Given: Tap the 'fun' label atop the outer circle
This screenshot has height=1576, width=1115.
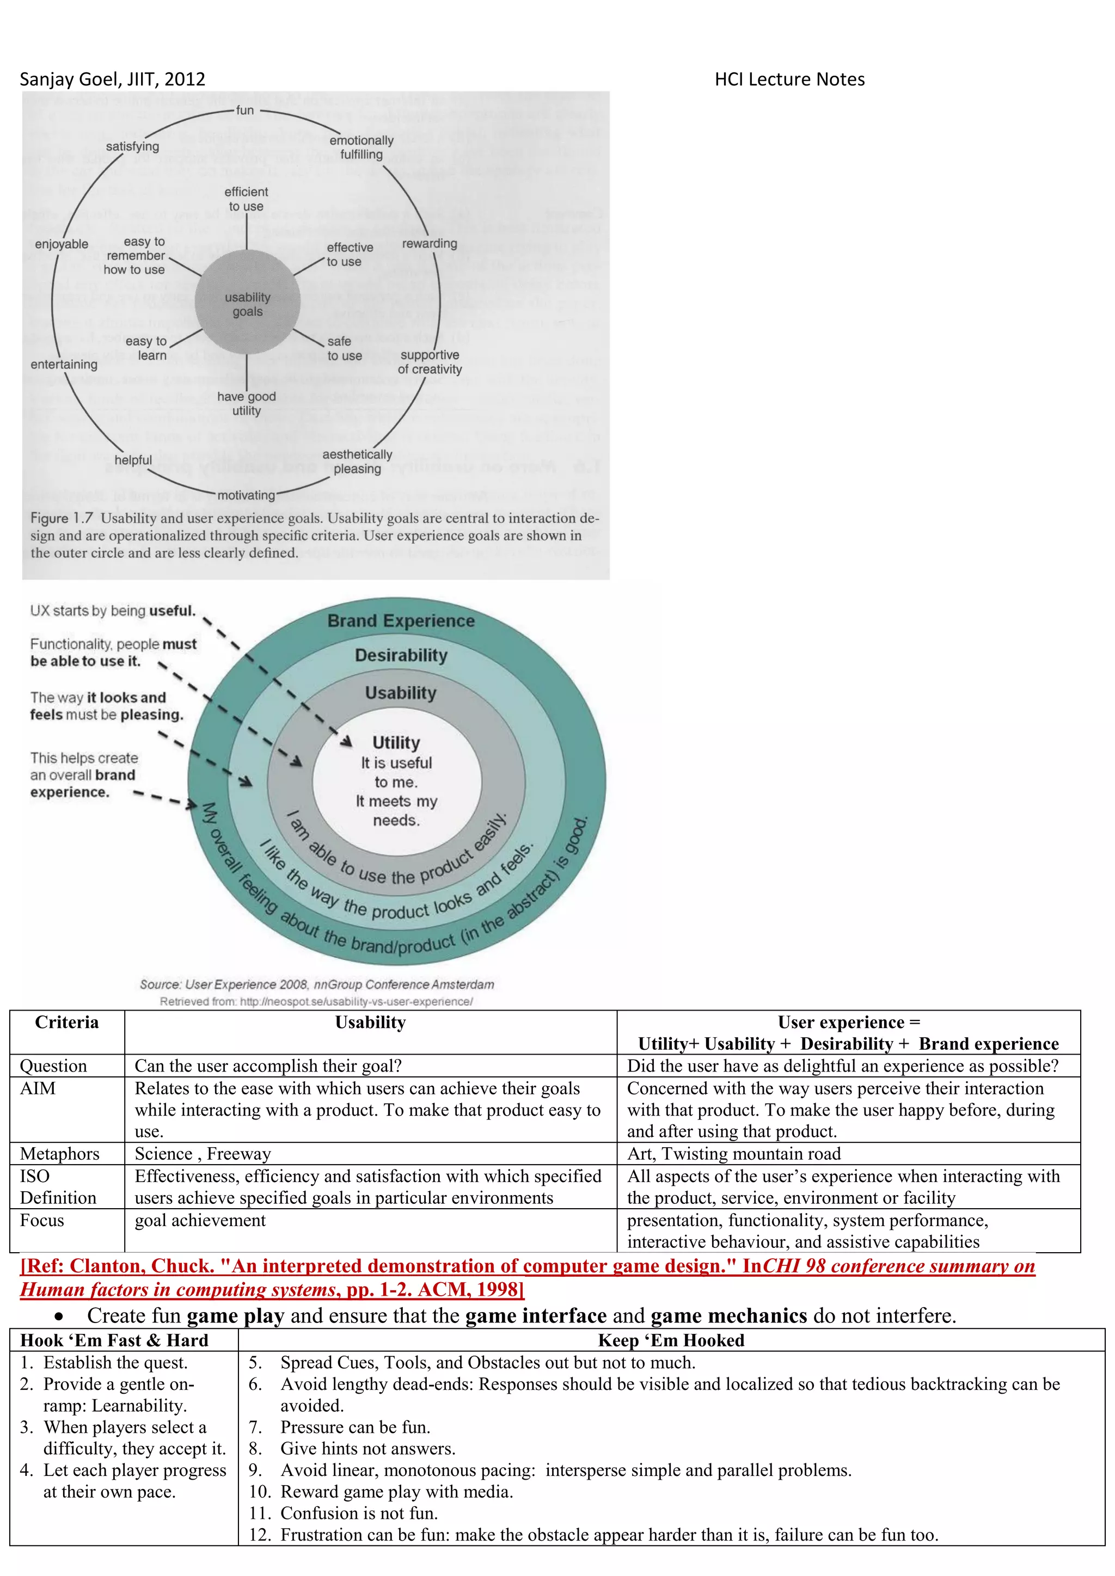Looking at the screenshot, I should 245,110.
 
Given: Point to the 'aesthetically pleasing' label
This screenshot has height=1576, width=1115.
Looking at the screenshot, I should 357,461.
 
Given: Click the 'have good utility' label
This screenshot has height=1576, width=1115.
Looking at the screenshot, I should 247,404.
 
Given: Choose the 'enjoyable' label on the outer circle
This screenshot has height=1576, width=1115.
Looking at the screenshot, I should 62,244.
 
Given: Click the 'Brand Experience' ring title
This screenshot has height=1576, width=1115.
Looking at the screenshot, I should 401,621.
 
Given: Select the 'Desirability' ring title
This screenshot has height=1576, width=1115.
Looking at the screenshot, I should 401,656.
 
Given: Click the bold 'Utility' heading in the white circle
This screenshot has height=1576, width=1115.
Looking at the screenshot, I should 396,743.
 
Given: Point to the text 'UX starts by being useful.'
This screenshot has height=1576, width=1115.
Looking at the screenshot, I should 113,611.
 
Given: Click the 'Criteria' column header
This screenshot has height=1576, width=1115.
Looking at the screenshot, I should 66,1023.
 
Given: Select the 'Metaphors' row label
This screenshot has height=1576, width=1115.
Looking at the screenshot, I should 60,1154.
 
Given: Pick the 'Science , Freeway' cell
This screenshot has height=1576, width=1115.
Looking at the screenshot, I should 203,1154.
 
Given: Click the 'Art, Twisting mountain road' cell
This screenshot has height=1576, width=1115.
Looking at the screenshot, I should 733,1154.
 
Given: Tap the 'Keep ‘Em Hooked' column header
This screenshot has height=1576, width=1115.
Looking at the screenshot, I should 671,1340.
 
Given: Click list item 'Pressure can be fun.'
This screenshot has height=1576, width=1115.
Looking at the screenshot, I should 355,1427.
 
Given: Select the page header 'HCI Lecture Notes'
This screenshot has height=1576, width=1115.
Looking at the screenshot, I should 789,79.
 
